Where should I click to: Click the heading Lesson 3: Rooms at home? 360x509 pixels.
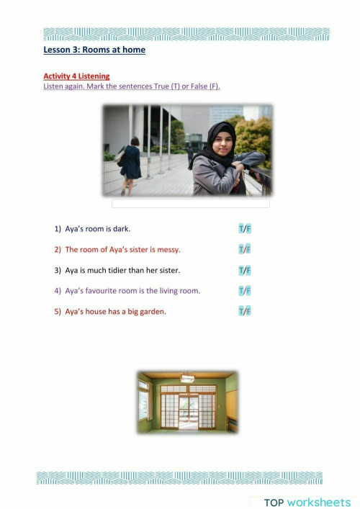pyautogui.click(x=94, y=50)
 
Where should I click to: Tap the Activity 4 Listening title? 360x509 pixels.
pyautogui.click(x=76, y=76)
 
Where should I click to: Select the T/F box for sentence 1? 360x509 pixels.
pyautogui.click(x=245, y=229)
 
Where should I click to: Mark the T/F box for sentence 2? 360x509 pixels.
pyautogui.click(x=245, y=249)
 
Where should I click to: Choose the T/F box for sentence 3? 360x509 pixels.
pyautogui.click(x=245, y=270)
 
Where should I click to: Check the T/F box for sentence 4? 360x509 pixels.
pyautogui.click(x=245, y=290)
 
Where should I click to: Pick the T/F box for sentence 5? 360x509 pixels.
pyautogui.click(x=245, y=311)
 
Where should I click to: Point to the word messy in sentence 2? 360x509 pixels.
pyautogui.click(x=168, y=250)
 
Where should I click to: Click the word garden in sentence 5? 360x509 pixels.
pyautogui.click(x=153, y=312)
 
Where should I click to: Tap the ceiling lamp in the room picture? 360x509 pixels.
pyautogui.click(x=187, y=378)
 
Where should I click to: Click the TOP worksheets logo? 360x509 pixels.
pyautogui.click(x=307, y=502)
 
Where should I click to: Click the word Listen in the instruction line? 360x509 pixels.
pyautogui.click(x=53, y=86)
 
